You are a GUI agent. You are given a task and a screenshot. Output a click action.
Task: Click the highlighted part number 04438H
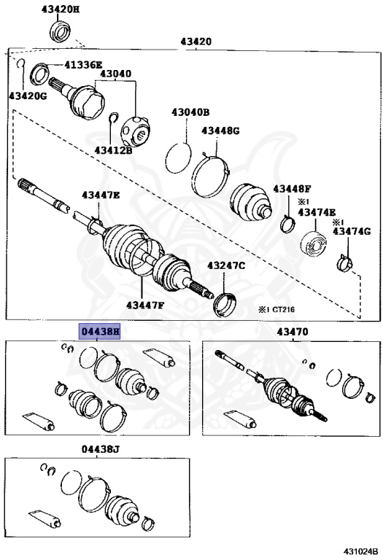point(99,332)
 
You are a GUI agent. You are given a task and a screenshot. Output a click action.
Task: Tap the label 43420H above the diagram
point(61,9)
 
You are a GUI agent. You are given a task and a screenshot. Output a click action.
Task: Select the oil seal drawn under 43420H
point(60,31)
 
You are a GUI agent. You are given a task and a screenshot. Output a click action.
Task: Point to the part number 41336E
point(84,65)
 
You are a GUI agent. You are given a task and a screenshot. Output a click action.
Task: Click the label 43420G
point(28,96)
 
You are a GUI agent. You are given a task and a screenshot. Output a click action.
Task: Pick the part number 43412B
point(113,150)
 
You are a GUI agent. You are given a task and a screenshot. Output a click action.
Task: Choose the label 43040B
point(190,112)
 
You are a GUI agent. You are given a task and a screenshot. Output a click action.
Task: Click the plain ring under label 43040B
point(179,158)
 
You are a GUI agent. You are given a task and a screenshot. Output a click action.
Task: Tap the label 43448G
point(220,131)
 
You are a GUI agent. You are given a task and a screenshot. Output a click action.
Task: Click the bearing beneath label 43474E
point(314,244)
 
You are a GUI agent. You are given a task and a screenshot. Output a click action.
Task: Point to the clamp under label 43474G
point(345,262)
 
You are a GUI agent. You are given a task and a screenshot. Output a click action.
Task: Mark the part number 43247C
point(226,265)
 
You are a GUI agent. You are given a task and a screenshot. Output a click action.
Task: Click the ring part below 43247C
point(225,305)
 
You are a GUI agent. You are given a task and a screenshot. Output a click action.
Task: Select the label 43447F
point(145,305)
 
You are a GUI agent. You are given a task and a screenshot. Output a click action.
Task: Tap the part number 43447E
point(101,195)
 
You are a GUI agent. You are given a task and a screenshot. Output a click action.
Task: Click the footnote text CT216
point(284,310)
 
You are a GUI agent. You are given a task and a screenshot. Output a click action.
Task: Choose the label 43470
point(293,332)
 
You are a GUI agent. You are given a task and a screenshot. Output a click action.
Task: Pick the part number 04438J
point(100,449)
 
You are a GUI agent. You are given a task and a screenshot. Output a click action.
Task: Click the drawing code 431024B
point(361,551)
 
